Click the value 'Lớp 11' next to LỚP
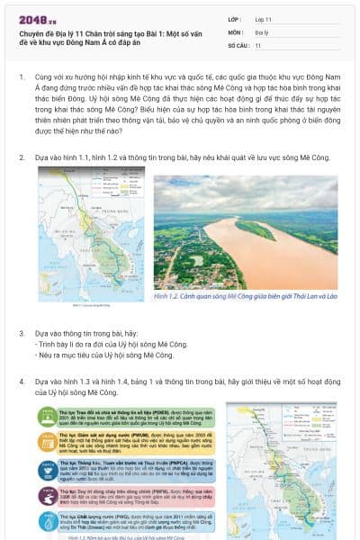(264, 19)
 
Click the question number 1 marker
(22, 78)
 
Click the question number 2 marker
(22, 157)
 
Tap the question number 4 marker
(22, 382)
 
